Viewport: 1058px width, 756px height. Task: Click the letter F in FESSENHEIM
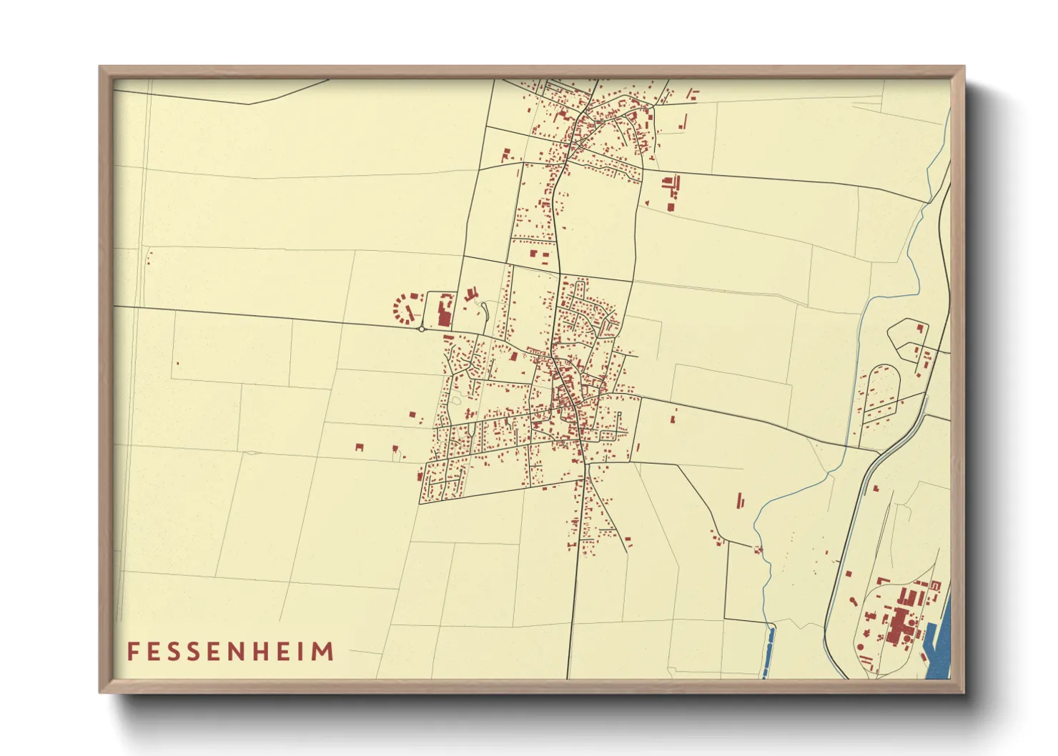tap(133, 652)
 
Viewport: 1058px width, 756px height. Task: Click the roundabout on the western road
tap(421, 329)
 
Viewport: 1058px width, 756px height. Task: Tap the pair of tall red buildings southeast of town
tap(741, 500)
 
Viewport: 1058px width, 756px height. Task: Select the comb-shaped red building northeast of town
tap(671, 185)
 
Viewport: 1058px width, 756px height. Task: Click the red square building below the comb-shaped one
tap(671, 207)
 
